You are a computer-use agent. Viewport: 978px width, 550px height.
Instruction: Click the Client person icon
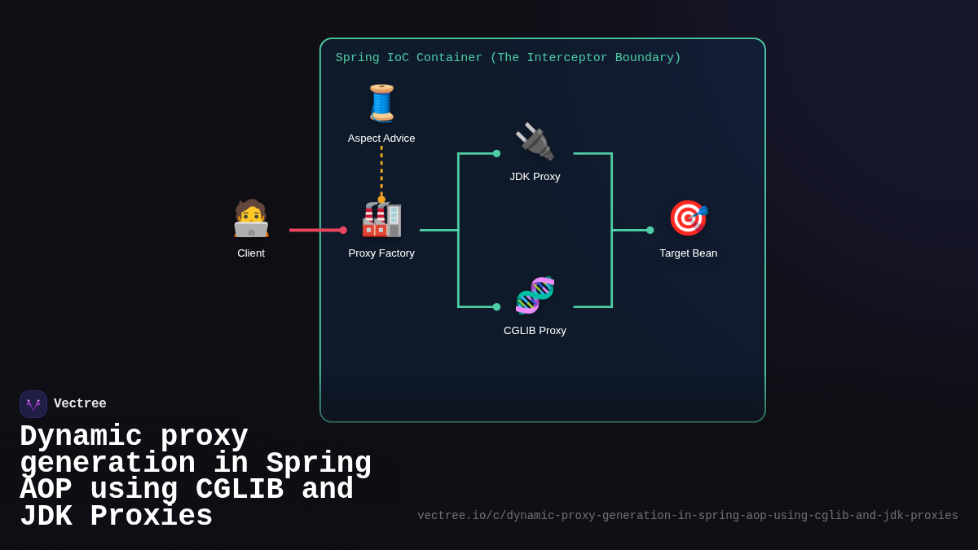(x=251, y=218)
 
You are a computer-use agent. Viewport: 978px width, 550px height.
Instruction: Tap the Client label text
(x=251, y=253)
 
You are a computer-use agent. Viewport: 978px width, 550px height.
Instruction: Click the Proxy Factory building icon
(x=381, y=218)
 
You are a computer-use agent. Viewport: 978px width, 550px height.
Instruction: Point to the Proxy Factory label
(x=381, y=253)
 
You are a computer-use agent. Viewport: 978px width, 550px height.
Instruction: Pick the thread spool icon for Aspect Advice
(x=381, y=103)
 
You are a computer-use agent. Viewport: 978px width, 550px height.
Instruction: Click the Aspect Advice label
(x=381, y=139)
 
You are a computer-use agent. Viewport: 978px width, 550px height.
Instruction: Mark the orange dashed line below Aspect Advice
(x=381, y=171)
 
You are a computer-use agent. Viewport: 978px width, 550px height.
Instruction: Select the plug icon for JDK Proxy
(x=535, y=142)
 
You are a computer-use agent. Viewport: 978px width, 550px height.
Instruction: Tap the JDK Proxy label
(x=535, y=177)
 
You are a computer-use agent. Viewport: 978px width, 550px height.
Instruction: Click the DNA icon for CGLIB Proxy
(x=535, y=295)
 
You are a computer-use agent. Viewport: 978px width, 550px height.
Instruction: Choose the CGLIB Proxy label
(x=535, y=331)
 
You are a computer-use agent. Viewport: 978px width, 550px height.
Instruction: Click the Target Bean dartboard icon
(x=689, y=218)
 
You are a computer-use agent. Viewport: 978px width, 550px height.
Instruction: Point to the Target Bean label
(x=689, y=253)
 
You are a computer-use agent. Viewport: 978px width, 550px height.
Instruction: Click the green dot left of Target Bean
(x=650, y=230)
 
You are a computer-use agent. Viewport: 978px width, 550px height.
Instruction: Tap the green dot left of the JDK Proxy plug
(x=496, y=153)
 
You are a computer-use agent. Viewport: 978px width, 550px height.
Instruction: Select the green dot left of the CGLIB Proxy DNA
(x=496, y=307)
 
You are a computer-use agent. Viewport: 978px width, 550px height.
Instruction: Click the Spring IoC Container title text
(x=508, y=58)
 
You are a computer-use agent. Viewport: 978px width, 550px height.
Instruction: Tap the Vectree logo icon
(x=33, y=404)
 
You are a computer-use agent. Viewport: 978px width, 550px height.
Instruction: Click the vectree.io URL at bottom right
(x=688, y=516)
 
